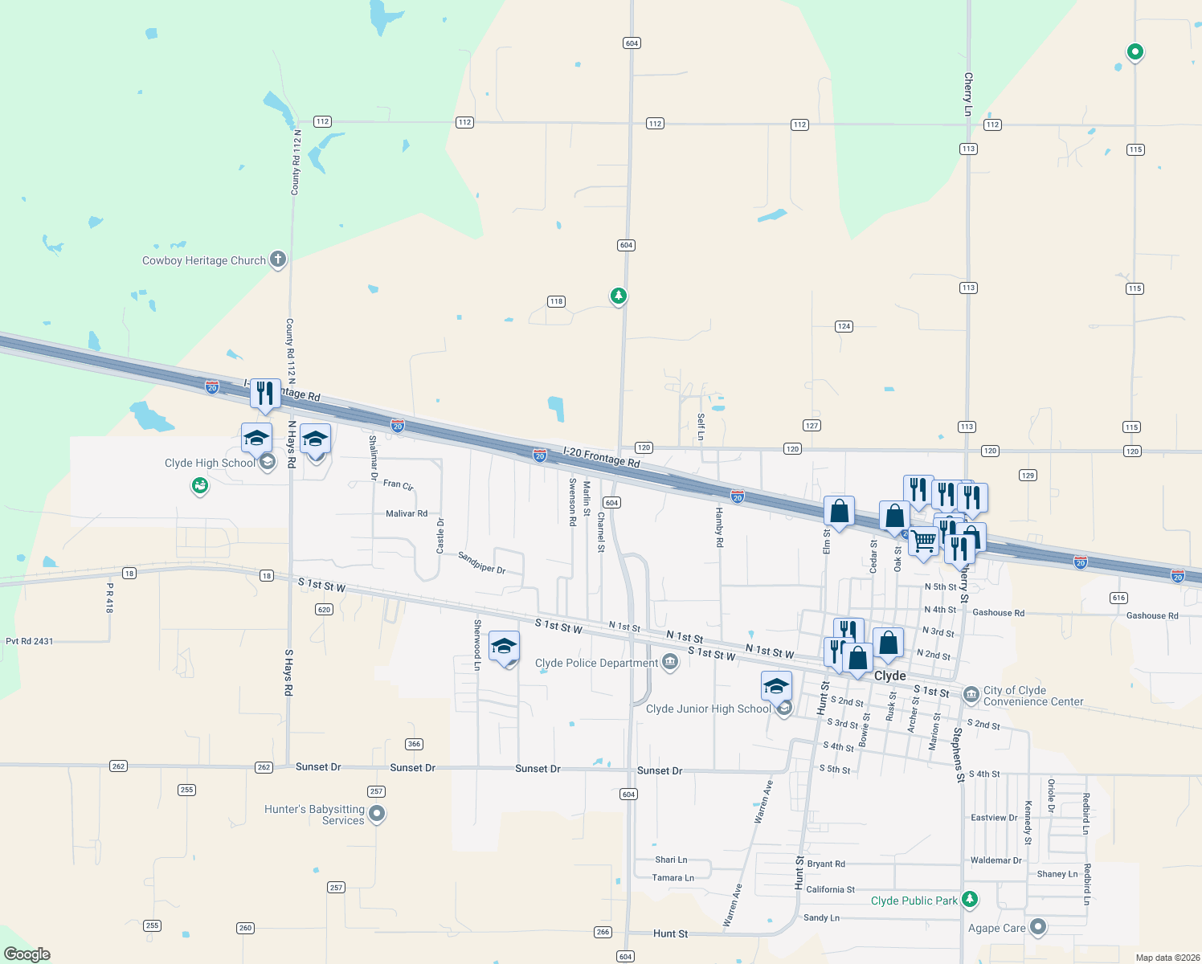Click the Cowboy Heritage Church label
coord(203,260)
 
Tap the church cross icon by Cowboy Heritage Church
coord(278,259)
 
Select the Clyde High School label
coord(210,463)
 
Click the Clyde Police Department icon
coord(670,662)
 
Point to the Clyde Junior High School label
coord(708,709)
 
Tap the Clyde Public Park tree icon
coord(970,899)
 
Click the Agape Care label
coord(996,928)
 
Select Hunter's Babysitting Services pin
coord(377,814)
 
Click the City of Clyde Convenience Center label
coord(1033,696)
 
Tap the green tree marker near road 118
coord(618,296)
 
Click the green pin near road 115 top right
coord(1135,52)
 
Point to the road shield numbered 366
coord(415,744)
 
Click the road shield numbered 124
coord(844,326)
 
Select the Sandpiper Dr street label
coord(481,562)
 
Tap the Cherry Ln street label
coord(968,94)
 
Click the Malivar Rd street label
coord(407,513)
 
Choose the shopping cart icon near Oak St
coord(924,542)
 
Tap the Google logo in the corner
coord(27,954)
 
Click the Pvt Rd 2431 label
coord(29,641)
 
